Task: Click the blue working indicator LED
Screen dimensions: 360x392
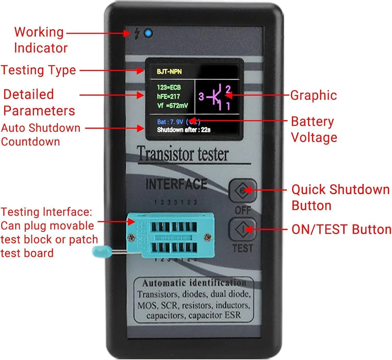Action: pos(148,34)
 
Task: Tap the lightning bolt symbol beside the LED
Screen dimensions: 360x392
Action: pos(137,33)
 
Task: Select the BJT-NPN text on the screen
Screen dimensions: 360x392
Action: pos(169,72)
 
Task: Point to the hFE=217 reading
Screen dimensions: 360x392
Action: pos(168,97)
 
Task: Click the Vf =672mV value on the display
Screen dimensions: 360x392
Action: pos(172,106)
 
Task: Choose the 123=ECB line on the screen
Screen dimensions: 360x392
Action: pos(169,87)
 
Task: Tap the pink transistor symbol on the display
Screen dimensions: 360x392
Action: pos(216,97)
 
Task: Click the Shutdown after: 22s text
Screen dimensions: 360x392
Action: pos(183,130)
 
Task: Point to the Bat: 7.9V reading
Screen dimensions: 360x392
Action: pos(170,122)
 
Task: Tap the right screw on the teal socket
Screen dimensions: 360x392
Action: pos(208,237)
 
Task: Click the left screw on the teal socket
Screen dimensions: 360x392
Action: pos(131,237)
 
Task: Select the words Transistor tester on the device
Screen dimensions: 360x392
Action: pos(183,154)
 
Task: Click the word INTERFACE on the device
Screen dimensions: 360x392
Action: pos(176,184)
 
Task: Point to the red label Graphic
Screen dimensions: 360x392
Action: pos(313,95)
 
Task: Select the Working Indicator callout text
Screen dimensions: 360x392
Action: pos(41,40)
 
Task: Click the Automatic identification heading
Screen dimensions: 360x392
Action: pos(194,283)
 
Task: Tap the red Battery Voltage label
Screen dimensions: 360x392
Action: pos(314,129)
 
